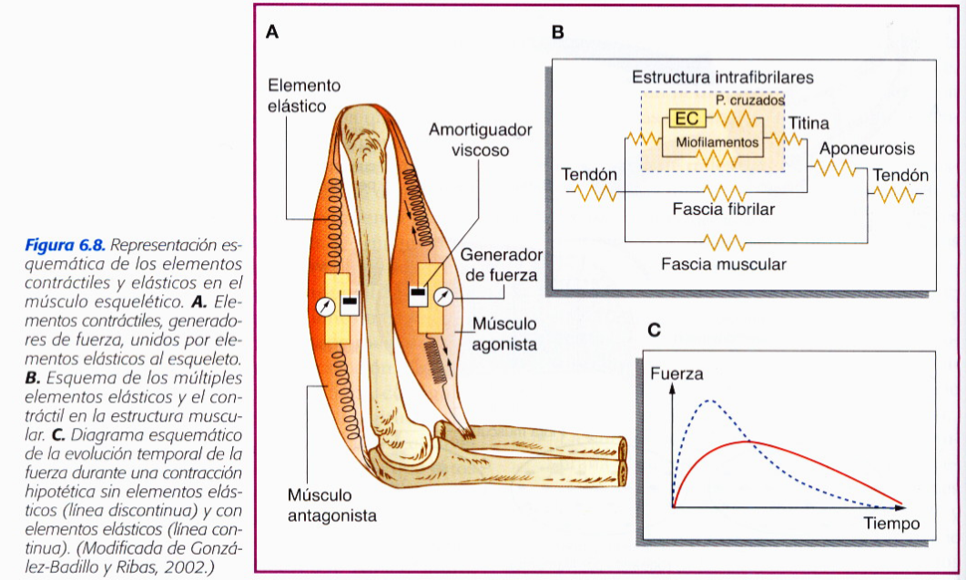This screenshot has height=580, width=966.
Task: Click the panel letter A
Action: pos(272,33)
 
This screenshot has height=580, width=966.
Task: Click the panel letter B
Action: pos(558,33)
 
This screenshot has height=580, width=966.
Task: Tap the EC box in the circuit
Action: pos(686,119)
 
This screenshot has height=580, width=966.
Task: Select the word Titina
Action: pos(808,123)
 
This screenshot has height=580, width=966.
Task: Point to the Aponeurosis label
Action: pos(867,148)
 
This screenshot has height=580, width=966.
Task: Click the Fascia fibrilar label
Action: pos(725,210)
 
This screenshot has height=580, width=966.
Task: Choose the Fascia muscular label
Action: pos(724,264)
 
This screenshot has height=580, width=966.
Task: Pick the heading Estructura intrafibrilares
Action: pos(723,77)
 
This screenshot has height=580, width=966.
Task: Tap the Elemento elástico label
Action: pos(304,95)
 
